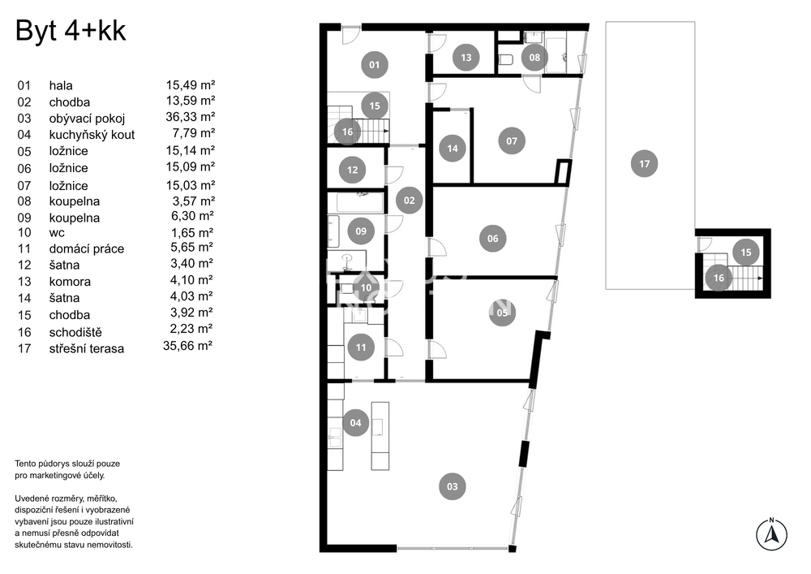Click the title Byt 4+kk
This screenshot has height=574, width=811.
click(71, 31)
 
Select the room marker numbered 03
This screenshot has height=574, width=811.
click(452, 486)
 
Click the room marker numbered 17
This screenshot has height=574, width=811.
click(644, 164)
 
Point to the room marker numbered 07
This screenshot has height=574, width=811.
click(512, 140)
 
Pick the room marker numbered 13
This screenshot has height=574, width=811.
click(466, 58)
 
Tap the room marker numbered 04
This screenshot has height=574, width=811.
click(355, 423)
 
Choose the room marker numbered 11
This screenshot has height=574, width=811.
click(361, 347)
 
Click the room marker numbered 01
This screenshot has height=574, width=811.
click(375, 65)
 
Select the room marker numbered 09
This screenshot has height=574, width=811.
click(361, 231)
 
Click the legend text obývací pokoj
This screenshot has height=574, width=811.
click(87, 119)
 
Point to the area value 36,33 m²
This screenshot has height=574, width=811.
click(190, 117)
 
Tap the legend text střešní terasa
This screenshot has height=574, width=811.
click(87, 348)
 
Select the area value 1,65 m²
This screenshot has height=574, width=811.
click(192, 232)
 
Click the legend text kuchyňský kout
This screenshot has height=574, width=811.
click(92, 135)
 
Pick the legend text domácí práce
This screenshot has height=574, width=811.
click(87, 249)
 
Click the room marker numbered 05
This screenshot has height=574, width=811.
click(502, 313)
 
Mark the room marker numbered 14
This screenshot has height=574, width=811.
click(452, 149)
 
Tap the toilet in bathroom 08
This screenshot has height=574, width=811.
click(505, 60)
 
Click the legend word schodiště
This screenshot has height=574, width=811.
click(75, 332)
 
